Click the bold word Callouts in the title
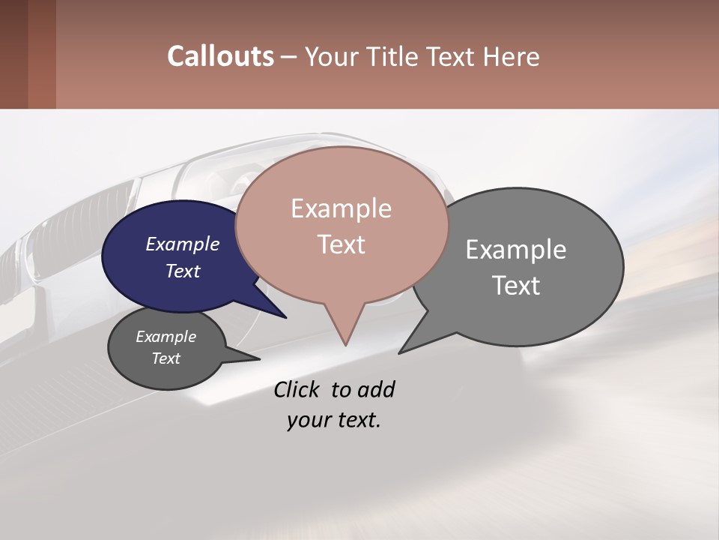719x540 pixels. pyautogui.click(x=220, y=56)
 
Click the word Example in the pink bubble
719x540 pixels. pyautogui.click(x=341, y=208)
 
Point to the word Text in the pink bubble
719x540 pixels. pyautogui.click(x=341, y=244)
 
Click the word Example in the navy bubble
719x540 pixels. pyautogui.click(x=182, y=244)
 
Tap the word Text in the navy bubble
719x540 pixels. pyautogui.click(x=182, y=271)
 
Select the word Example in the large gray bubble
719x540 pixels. pyautogui.click(x=516, y=249)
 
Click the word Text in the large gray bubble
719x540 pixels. pyautogui.click(x=516, y=285)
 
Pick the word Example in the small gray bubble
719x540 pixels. pyautogui.click(x=166, y=337)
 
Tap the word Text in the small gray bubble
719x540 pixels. pyautogui.click(x=166, y=358)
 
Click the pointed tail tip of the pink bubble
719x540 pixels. pyautogui.click(x=345, y=344)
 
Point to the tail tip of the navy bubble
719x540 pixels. pyautogui.click(x=285, y=317)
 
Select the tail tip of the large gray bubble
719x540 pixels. pyautogui.click(x=400, y=352)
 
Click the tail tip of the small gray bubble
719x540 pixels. pyautogui.click(x=258, y=359)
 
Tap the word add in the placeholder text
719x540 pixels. pyautogui.click(x=377, y=389)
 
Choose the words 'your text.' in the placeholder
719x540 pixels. pyautogui.click(x=333, y=420)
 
